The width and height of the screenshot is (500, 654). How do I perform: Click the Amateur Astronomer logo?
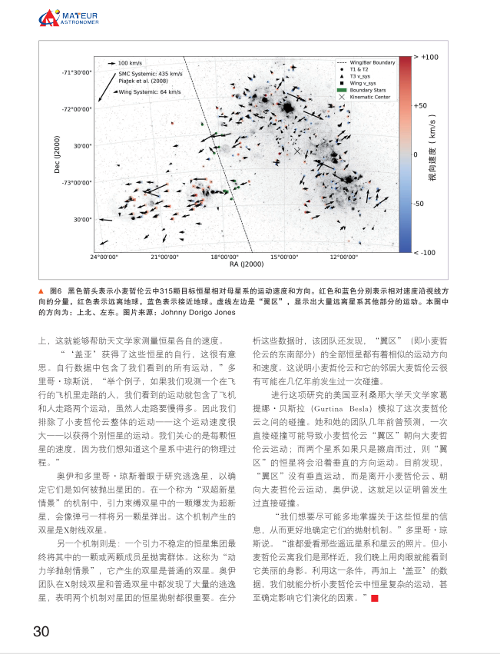pyautogui.click(x=71, y=17)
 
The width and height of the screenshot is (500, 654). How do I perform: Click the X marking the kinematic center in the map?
pyautogui.click(x=297, y=151)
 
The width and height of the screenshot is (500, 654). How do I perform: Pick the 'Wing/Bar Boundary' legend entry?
pyautogui.click(x=373, y=62)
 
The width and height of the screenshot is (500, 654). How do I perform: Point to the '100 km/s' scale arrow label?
pyautogui.click(x=130, y=62)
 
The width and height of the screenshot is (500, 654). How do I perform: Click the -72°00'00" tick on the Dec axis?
pyautogui.click(x=78, y=109)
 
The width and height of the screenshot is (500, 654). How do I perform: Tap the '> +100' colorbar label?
pyautogui.click(x=425, y=58)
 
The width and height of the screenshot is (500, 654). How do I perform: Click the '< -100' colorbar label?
pyautogui.click(x=425, y=253)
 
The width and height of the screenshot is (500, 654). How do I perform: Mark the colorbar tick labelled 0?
pyautogui.click(x=416, y=154)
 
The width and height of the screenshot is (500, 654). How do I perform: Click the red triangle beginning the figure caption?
pyautogui.click(x=41, y=291)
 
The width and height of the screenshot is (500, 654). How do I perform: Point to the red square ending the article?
pyautogui.click(x=375, y=599)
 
